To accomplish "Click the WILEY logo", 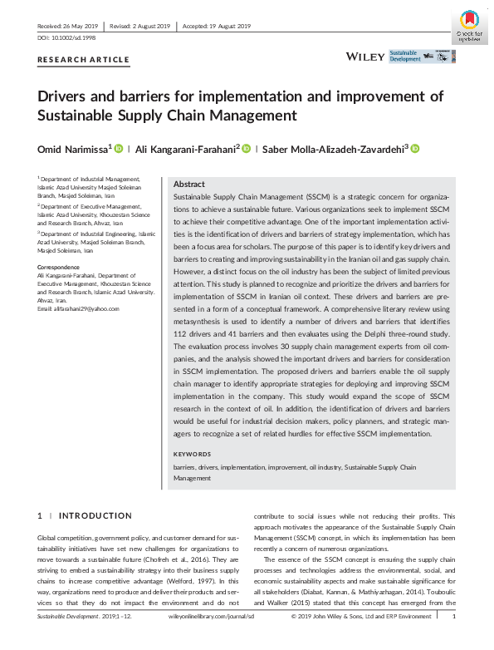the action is (365, 57).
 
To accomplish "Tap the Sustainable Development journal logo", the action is (423, 57).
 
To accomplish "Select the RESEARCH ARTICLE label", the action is (84, 60).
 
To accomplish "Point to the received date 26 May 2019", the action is (81, 26).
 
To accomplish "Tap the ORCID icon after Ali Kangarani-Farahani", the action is (247, 149).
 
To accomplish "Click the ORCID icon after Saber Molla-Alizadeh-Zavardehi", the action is (415, 149).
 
